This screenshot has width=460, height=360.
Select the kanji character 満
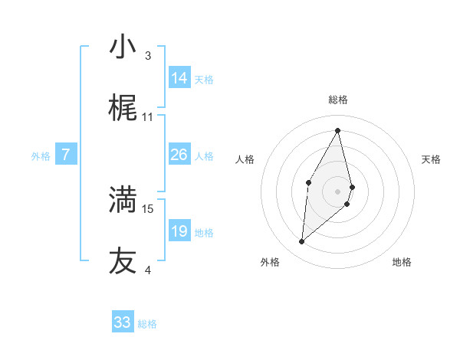[123, 199]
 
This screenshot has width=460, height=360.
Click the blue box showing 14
[179, 78]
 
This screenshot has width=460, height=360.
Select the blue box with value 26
[179, 155]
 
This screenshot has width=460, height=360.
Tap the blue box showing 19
[179, 231]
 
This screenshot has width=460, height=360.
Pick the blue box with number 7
[66, 155]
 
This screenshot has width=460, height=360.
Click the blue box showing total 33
[123, 322]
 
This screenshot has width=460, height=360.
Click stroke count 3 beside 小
[148, 56]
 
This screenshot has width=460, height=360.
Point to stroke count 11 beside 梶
[148, 118]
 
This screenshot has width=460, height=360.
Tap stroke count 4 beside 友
[148, 270]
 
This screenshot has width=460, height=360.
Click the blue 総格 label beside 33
[147, 324]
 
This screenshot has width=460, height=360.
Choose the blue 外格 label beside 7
[41, 156]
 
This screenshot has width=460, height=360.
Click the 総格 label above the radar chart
[338, 100]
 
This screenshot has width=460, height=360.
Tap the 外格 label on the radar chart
[270, 262]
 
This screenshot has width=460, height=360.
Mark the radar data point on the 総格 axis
[338, 129]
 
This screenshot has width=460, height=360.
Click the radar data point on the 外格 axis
[301, 242]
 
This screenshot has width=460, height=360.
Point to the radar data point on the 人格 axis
[308, 182]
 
